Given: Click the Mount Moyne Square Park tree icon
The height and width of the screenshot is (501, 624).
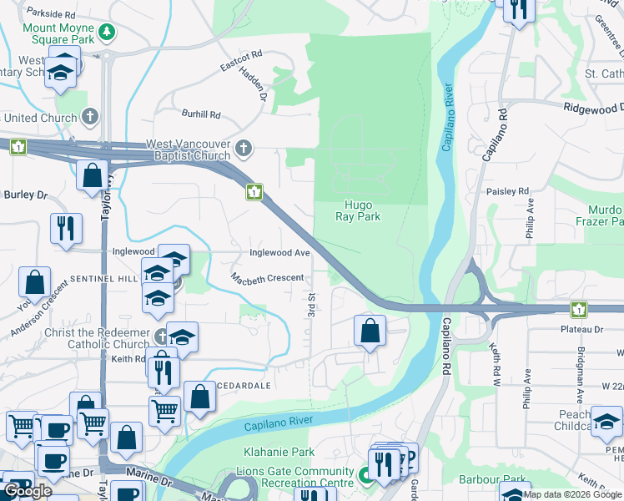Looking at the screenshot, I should [106, 33].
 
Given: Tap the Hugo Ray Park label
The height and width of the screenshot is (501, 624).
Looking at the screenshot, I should [363, 210].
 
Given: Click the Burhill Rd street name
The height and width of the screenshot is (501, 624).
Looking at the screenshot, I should [201, 114].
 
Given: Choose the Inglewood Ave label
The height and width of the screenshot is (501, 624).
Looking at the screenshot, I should [279, 252].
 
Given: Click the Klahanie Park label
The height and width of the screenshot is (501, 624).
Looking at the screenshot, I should [279, 452].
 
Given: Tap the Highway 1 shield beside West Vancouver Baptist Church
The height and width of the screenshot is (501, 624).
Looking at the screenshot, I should [254, 193].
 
